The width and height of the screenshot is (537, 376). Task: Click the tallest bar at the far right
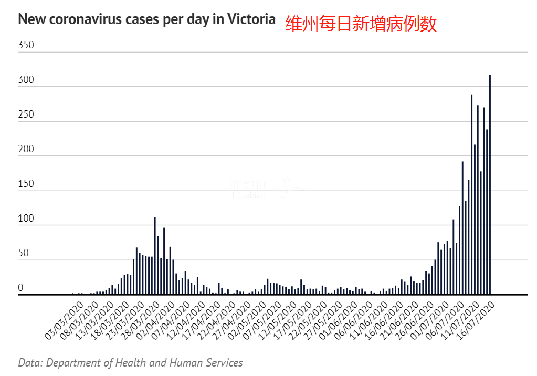(x=490, y=184)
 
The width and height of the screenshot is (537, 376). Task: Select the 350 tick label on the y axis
(x=26, y=45)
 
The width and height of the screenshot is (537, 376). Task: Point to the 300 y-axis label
(x=26, y=80)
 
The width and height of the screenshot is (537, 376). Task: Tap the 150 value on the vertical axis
(x=26, y=184)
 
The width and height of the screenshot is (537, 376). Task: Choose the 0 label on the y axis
(x=21, y=288)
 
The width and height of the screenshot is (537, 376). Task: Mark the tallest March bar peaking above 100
(x=154, y=256)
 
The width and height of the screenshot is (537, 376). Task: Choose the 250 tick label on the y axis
(x=26, y=114)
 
